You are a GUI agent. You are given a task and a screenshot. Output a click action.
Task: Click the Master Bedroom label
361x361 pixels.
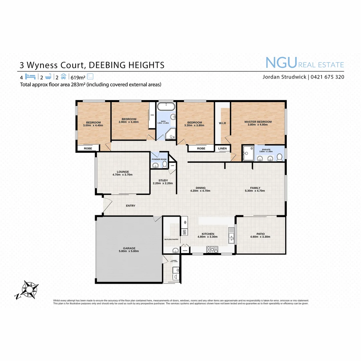[x=258, y=122]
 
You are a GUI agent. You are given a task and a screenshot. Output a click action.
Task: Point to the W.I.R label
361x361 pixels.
[x=223, y=123]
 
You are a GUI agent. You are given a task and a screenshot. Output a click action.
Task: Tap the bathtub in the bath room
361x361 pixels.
[x=166, y=107]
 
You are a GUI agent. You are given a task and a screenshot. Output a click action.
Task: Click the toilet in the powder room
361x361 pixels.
[x=164, y=164]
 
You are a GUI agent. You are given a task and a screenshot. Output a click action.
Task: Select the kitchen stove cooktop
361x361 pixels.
[x=212, y=249]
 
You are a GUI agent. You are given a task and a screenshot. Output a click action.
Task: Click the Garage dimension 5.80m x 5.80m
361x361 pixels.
[x=129, y=251]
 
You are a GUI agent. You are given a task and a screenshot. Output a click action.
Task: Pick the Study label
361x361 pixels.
[x=163, y=180]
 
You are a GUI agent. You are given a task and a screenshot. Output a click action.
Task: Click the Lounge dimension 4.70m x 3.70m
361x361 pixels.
[x=122, y=174]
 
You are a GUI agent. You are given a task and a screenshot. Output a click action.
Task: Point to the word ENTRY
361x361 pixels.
[x=130, y=206]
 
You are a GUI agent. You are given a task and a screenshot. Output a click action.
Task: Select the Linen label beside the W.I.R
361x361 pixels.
[x=223, y=148]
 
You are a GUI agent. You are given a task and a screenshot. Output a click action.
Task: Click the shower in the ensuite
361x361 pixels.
[x=248, y=153]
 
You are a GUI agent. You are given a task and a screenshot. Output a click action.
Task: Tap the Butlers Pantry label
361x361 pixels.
[x=171, y=240]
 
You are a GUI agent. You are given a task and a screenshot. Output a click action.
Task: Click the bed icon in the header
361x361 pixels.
[x=31, y=76]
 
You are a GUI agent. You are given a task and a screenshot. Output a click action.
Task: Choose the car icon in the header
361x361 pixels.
[x=64, y=76]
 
